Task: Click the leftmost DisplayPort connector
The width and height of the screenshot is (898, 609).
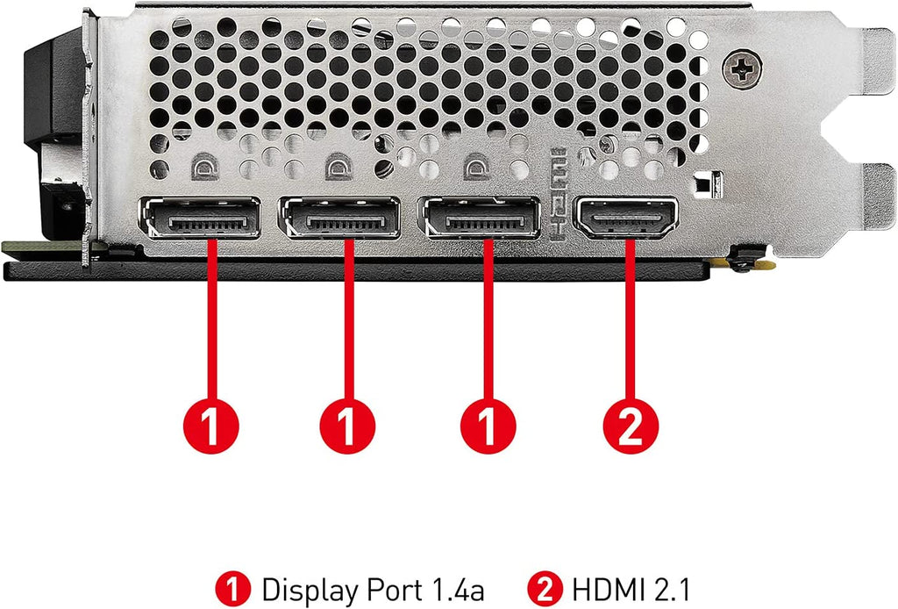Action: (199, 219)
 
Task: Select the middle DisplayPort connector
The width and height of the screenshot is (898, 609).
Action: (339, 219)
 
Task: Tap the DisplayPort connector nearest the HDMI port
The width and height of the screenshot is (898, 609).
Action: (479, 219)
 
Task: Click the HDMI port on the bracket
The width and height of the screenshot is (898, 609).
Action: (628, 218)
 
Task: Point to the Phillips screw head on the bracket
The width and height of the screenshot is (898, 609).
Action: (742, 69)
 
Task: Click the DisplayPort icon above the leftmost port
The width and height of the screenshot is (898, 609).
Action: (204, 167)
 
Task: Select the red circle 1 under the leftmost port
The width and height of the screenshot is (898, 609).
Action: (210, 426)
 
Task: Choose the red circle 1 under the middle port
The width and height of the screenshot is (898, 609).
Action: (347, 426)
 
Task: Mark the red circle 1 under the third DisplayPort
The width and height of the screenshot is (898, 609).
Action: (488, 426)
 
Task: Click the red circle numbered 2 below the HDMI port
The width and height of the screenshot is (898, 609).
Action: (631, 426)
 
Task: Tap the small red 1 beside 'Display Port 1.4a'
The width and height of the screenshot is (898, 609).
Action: (233, 589)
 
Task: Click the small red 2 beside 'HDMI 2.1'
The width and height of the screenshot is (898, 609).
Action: (545, 589)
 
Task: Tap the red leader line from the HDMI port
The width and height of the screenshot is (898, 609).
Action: (630, 319)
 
